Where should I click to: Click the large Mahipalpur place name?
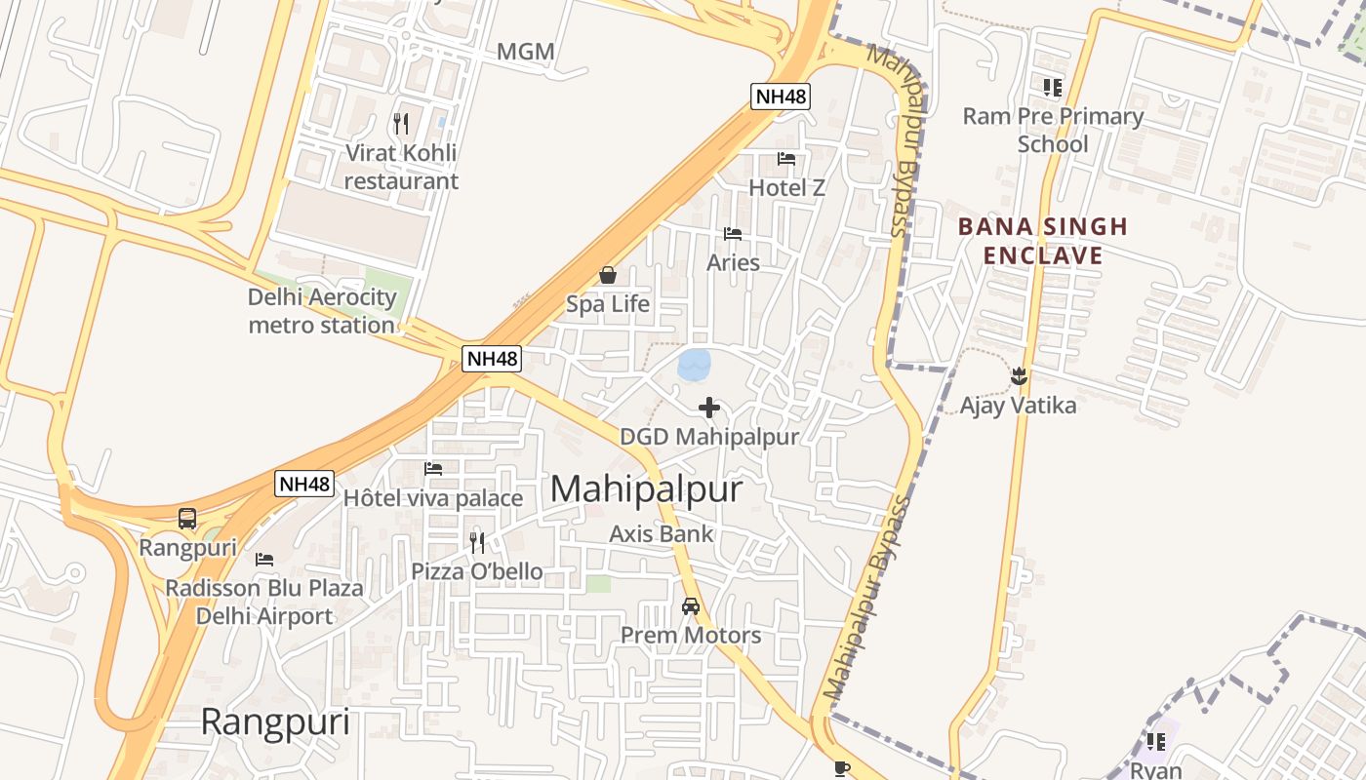click(x=646, y=489)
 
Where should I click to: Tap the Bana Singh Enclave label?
click(x=1042, y=241)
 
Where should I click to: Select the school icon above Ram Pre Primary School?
click(x=1052, y=88)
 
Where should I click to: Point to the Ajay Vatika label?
click(x=1018, y=406)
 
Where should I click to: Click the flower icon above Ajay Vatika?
click(x=1019, y=374)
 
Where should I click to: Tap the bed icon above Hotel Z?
click(x=786, y=159)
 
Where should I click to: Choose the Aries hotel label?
click(x=733, y=262)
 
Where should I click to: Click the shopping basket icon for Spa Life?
click(x=607, y=276)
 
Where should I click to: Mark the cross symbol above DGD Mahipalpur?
click(x=709, y=408)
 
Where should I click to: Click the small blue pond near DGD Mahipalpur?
click(x=693, y=366)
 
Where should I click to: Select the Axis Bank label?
click(x=662, y=534)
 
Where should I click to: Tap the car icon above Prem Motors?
click(x=691, y=606)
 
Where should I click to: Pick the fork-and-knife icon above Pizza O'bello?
click(x=477, y=543)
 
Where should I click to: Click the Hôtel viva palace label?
click(x=433, y=498)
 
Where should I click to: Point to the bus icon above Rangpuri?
click(x=187, y=519)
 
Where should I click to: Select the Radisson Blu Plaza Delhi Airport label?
click(x=264, y=602)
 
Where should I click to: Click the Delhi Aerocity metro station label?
click(x=322, y=311)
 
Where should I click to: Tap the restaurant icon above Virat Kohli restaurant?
click(x=401, y=124)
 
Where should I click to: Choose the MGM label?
click(x=526, y=52)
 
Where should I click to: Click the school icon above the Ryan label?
click(x=1156, y=742)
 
